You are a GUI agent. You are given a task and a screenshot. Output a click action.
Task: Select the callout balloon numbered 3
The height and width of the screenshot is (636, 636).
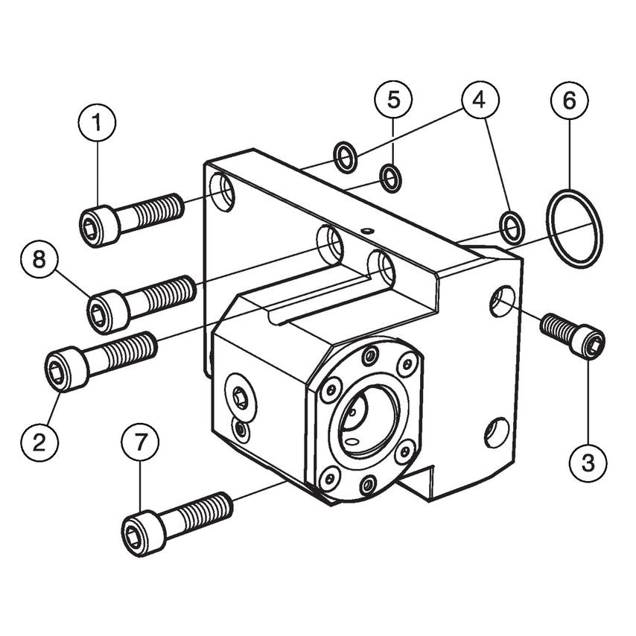tap(588, 463)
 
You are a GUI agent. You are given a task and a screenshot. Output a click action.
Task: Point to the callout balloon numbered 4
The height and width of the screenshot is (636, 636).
tap(480, 98)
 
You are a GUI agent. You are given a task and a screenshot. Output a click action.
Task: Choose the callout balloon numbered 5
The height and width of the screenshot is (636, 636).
tap(393, 98)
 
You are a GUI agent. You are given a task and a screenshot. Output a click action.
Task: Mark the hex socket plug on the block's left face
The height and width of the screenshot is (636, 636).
tap(240, 398)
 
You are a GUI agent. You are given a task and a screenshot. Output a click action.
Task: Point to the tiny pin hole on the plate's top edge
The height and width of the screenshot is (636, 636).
tap(366, 231)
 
